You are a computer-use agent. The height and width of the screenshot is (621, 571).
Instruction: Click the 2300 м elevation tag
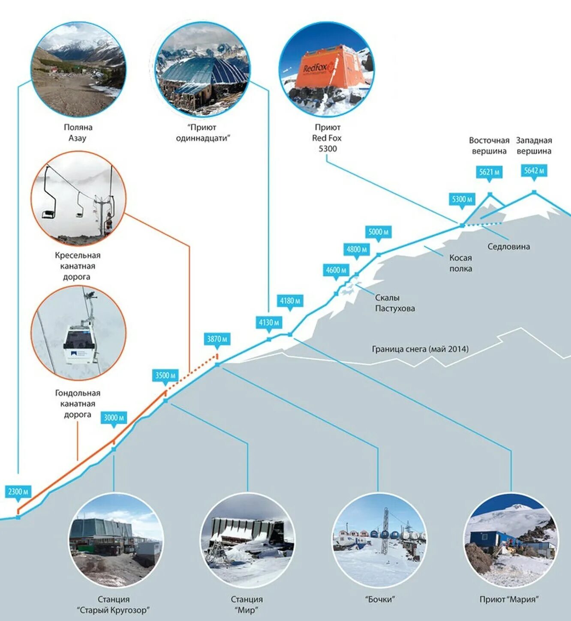click(x=18, y=492)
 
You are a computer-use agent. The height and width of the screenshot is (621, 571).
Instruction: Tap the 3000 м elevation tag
click(x=114, y=418)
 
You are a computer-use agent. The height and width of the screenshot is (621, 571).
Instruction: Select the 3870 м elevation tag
click(x=217, y=339)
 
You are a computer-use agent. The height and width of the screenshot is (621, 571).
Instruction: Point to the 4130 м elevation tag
click(x=269, y=322)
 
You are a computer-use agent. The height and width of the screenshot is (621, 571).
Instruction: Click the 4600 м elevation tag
click(x=336, y=270)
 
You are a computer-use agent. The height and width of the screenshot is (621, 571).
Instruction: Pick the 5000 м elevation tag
click(x=378, y=232)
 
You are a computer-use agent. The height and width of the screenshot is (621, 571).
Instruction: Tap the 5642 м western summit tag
click(x=534, y=170)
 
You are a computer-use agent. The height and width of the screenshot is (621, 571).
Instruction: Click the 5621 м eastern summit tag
click(x=489, y=172)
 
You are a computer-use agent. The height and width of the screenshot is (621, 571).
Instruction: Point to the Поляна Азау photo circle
click(x=78, y=70)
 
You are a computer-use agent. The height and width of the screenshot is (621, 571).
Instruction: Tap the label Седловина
click(x=508, y=247)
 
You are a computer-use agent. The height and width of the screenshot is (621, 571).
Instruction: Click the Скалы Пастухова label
click(x=395, y=303)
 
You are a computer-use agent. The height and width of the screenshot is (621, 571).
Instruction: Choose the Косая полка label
click(x=460, y=263)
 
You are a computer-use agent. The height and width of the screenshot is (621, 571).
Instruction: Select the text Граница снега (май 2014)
click(x=420, y=349)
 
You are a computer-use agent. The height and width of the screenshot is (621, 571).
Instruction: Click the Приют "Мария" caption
click(x=509, y=599)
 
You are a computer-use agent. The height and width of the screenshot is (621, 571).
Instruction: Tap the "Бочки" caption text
click(x=379, y=599)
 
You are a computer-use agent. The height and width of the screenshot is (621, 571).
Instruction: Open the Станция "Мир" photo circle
click(x=247, y=540)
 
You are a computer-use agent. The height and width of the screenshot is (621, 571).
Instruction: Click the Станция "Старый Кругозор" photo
click(x=116, y=540)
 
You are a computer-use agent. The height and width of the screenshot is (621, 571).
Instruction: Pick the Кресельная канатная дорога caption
click(x=77, y=266)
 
